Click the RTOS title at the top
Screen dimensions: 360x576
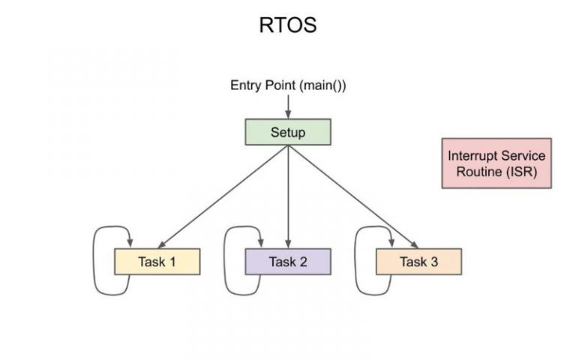[x=288, y=25]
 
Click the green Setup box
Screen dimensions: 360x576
[x=288, y=133]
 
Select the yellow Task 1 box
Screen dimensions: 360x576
[x=157, y=262]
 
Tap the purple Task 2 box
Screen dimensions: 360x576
[x=288, y=262]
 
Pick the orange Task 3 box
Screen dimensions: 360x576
[x=418, y=262]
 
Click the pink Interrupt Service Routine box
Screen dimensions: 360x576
[x=496, y=163]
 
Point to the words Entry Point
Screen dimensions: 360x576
[x=262, y=85]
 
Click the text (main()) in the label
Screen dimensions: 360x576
[x=322, y=85]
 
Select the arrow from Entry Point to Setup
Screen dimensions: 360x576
[x=288, y=106]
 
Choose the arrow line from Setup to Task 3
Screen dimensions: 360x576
[x=352, y=196]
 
